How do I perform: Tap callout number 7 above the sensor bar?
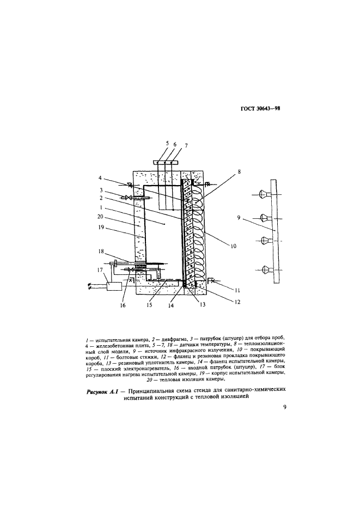tap(186, 145)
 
